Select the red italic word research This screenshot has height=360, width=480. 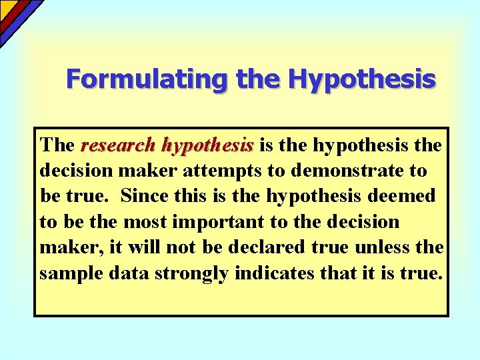tap(118, 145)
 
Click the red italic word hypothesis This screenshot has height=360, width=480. tap(207, 145)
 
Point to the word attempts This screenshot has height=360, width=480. tap(230, 171)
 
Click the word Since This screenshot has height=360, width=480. tap(147, 196)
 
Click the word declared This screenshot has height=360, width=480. tap(268, 247)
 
